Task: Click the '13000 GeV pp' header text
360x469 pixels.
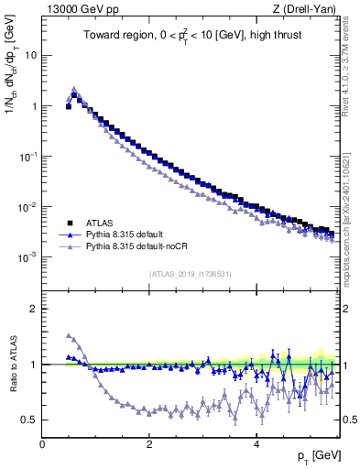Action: point(80,10)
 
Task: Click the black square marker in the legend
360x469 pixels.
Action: point(68,223)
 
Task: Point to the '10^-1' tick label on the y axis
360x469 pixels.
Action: point(27,157)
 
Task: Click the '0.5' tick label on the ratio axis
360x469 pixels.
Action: point(28,420)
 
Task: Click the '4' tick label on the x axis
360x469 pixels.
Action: point(256,444)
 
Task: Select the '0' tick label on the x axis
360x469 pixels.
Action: point(42,444)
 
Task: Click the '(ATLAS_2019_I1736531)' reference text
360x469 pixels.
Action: point(190,274)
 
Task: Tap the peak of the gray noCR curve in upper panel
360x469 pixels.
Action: point(74,89)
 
